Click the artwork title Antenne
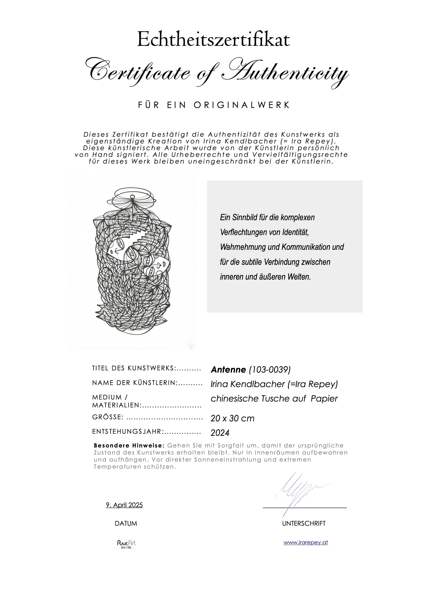[x=228, y=370]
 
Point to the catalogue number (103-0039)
[x=270, y=370]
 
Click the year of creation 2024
[x=220, y=433]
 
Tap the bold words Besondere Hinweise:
[x=129, y=446]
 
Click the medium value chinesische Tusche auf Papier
[x=274, y=398]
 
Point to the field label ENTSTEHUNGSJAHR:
[x=128, y=432]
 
